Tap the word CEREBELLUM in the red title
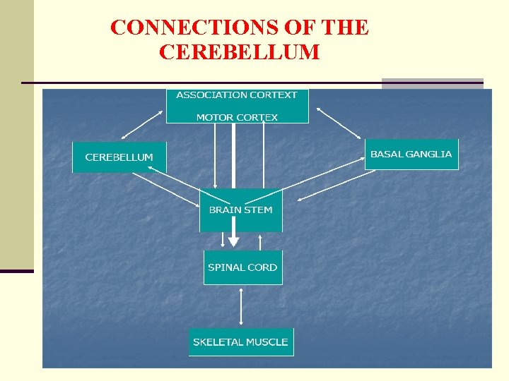[240, 52]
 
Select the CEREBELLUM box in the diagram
[119, 157]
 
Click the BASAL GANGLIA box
[411, 154]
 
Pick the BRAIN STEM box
[240, 210]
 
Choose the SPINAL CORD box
[242, 267]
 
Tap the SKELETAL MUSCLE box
[240, 342]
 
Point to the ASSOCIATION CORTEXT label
[237, 95]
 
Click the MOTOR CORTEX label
[237, 117]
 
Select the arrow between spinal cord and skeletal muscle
[242, 306]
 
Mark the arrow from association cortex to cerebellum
[145, 122]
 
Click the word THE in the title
[344, 28]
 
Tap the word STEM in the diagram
[259, 210]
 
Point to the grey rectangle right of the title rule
[432, 83]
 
